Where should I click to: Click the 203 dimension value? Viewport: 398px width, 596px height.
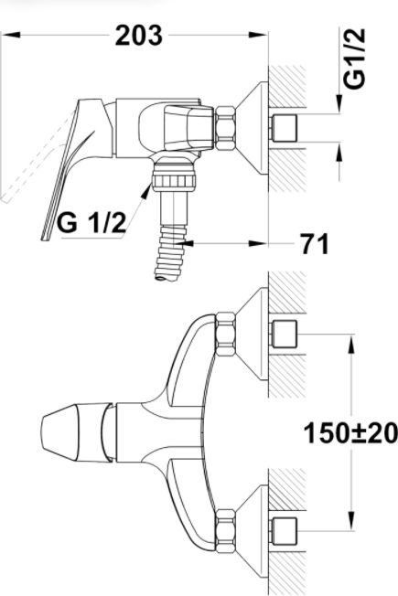point(139,35)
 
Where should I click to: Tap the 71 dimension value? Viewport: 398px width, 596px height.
point(315,243)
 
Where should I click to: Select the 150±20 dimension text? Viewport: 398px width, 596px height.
point(350,433)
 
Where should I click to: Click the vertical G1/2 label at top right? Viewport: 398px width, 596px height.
point(354,59)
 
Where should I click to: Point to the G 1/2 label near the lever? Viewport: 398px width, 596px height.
point(91,222)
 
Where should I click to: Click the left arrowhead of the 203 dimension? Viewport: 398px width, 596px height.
point(11,35)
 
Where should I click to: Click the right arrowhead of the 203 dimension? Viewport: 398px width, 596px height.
point(259,35)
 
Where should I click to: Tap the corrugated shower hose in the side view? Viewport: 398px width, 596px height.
point(170,252)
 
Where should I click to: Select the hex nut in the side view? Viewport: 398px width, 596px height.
point(226,129)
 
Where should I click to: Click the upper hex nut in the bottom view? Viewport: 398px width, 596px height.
point(226,335)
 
